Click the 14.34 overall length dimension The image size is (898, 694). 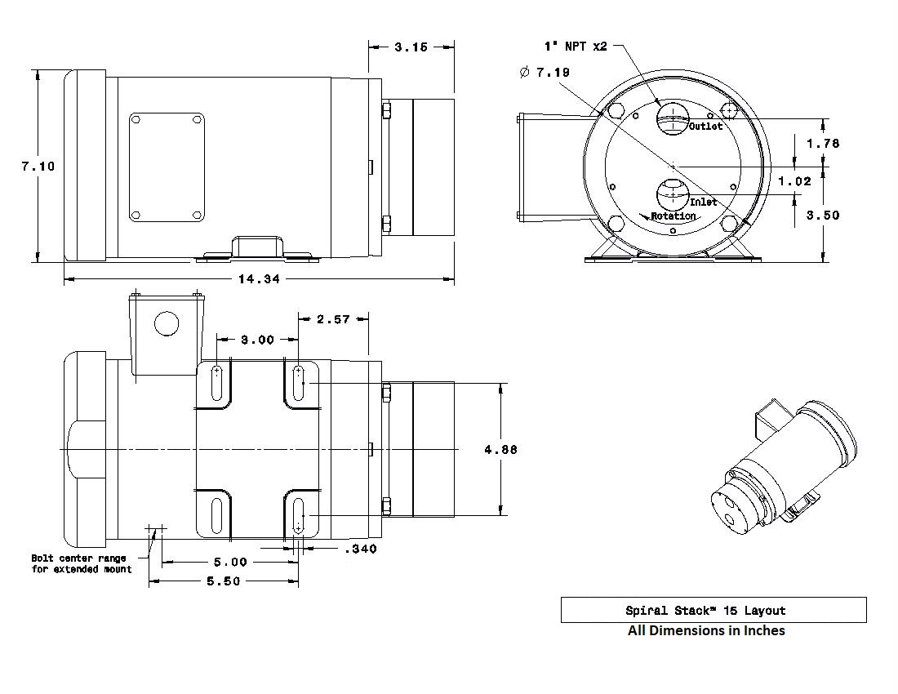point(259,279)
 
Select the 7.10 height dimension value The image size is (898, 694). point(38,166)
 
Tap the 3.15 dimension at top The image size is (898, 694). point(411,47)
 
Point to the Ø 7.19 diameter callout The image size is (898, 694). point(545,72)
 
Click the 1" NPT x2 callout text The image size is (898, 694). point(576,47)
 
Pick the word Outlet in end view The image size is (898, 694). point(705,126)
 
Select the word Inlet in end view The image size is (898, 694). point(703,202)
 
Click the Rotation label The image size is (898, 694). point(673,216)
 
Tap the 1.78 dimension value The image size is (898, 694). point(824,143)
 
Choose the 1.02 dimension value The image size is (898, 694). point(795,181)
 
